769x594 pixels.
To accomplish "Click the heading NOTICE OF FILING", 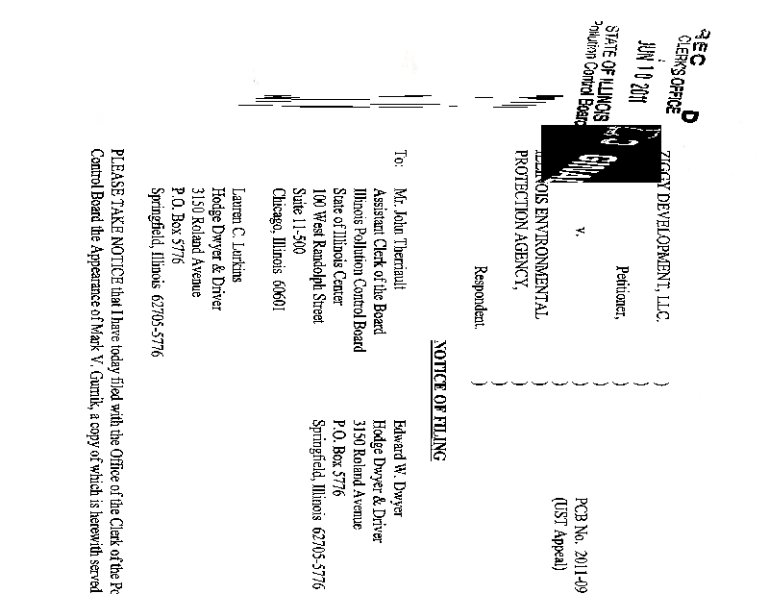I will [439, 400].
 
